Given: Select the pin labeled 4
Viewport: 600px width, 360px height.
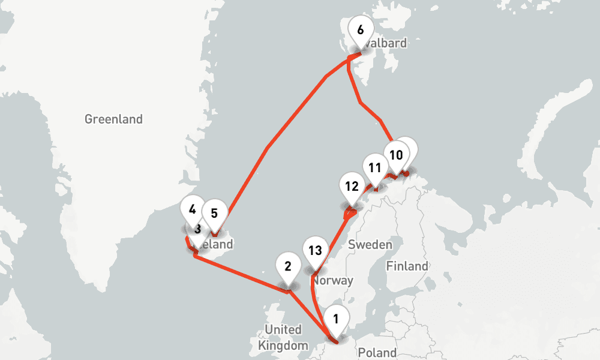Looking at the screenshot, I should tap(192, 210).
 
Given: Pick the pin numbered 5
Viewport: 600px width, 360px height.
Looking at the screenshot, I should tap(214, 212).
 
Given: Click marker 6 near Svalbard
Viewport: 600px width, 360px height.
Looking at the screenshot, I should tap(360, 30).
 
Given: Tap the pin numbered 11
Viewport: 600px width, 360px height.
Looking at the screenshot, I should tap(375, 168).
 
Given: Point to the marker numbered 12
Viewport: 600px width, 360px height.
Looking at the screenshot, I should tap(352, 186).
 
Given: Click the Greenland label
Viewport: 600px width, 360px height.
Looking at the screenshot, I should tap(113, 119).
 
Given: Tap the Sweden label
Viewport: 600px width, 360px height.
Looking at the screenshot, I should tap(370, 245).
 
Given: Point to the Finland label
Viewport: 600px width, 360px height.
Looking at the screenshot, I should tap(407, 266).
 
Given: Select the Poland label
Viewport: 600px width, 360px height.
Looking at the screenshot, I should tap(377, 352).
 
